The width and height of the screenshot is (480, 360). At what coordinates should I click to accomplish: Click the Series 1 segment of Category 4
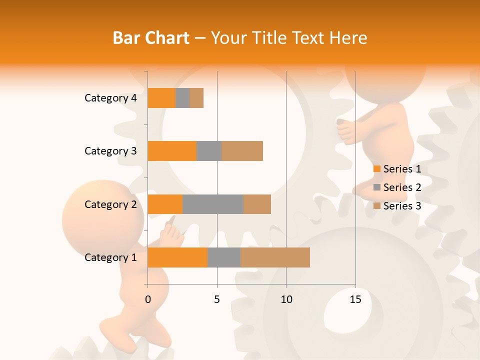pos(161,98)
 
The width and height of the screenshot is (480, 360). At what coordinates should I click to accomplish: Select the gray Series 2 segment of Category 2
pos(213,204)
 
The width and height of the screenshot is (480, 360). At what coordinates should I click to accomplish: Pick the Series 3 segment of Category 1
pos(275,257)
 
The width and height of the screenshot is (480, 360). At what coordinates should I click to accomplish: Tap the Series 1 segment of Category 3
pos(172,151)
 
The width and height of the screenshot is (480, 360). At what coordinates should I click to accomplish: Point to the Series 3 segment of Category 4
pos(196,98)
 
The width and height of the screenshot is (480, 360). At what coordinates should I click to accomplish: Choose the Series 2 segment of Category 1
pos(224,257)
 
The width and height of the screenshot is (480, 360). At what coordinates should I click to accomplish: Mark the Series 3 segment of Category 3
pos(242,151)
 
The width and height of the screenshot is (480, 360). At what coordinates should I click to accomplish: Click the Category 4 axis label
pos(110,98)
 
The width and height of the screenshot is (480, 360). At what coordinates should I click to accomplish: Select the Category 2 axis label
pos(110,204)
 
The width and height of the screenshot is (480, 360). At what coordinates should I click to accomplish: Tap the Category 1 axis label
pos(110,257)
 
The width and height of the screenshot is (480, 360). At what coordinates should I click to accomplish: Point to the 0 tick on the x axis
pos(148,299)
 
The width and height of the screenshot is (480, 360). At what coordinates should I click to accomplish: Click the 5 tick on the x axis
pos(217,299)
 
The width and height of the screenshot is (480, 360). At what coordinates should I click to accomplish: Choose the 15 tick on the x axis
pos(355,299)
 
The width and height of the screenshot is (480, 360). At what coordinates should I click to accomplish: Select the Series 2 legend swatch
pos(377,187)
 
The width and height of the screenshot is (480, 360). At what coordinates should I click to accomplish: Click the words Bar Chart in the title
pos(150,37)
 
